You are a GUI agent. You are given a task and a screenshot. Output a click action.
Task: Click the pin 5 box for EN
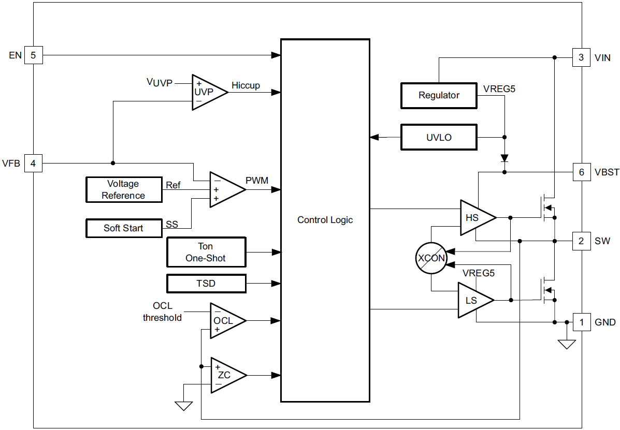(33, 55)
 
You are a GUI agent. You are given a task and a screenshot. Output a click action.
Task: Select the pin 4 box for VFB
(33, 164)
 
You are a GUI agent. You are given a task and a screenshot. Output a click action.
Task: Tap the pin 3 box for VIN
(581, 57)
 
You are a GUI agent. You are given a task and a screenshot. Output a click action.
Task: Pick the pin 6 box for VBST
(581, 172)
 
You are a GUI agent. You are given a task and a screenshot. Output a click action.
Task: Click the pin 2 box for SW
(581, 241)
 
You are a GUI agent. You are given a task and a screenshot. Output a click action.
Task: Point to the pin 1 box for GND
(581, 322)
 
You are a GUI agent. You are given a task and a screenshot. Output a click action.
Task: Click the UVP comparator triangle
(206, 92)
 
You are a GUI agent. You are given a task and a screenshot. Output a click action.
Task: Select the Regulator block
(439, 96)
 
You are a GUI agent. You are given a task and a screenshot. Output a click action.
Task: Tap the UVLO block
(439, 137)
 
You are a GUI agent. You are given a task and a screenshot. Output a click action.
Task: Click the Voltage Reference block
(123, 189)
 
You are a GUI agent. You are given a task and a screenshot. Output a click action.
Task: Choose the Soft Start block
(123, 228)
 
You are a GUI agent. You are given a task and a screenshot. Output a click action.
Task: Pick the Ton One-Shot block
(206, 253)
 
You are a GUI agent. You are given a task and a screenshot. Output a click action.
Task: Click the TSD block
(206, 284)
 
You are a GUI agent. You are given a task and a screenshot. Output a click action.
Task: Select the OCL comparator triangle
(224, 321)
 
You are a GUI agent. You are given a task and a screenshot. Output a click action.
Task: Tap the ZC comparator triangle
(225, 375)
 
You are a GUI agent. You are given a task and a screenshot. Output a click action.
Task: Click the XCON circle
(431, 258)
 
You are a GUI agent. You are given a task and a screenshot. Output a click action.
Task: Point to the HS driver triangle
(474, 218)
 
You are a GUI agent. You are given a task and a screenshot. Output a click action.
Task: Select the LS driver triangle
(472, 300)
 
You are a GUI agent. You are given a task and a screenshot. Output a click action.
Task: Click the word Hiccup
(246, 85)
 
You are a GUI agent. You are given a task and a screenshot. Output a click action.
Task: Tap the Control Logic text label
(325, 220)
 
